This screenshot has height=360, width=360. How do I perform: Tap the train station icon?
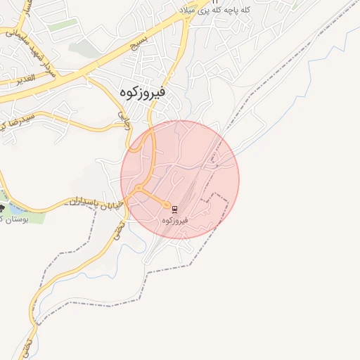(x=174, y=209)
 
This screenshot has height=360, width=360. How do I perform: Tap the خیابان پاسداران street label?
(x=96, y=204)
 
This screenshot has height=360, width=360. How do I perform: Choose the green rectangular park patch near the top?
(x=63, y=25)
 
